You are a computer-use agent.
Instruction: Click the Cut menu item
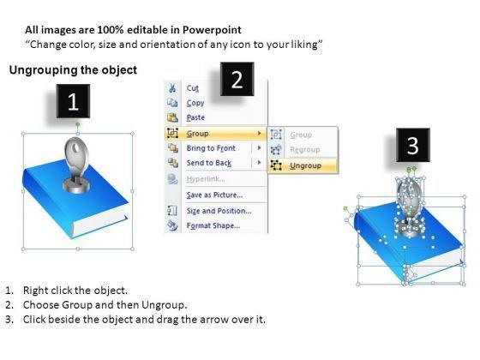pos(193,88)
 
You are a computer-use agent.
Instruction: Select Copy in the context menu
pos(195,103)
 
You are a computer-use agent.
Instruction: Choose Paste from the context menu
pos(195,117)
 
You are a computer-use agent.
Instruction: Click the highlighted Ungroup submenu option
pos(305,165)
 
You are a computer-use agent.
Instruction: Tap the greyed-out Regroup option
pos(305,150)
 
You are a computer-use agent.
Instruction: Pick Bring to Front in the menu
pos(211,148)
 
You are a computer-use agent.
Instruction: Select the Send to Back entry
pos(209,163)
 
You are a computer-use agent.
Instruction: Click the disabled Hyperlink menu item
pos(206,179)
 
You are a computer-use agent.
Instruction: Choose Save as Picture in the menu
pos(214,195)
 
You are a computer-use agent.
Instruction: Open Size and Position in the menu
pos(219,211)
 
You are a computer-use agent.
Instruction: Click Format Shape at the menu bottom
pos(213,225)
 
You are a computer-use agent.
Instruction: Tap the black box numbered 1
pos(73,101)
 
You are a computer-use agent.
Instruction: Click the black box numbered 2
pos(237,79)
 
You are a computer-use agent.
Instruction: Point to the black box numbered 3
pos(413,145)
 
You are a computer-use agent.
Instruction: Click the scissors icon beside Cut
pos(172,88)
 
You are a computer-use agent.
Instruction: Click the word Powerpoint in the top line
pos(212,30)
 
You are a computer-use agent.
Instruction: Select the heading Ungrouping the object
pos(73,70)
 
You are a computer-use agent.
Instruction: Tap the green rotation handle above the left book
pos(78,124)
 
